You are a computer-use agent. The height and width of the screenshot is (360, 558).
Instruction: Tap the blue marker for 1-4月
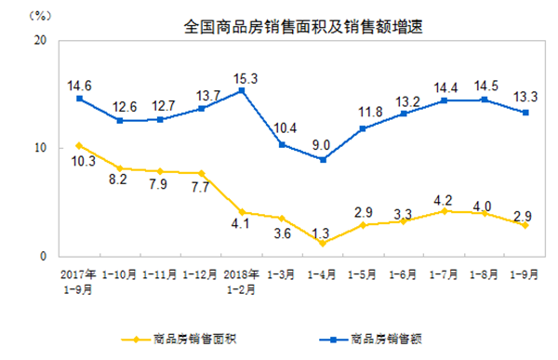click(x=323, y=159)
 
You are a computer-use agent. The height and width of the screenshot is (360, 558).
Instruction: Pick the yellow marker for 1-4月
click(x=323, y=242)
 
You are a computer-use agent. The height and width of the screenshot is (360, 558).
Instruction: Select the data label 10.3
click(x=80, y=161)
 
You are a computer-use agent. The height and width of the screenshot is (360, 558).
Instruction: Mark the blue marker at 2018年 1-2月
click(x=242, y=91)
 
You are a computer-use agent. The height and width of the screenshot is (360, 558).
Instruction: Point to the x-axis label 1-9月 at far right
click(x=525, y=275)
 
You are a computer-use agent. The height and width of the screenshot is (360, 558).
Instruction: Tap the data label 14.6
click(x=80, y=83)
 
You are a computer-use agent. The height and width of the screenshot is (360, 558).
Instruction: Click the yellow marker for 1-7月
click(x=444, y=211)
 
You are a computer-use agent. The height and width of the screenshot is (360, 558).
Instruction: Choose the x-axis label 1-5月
click(x=363, y=275)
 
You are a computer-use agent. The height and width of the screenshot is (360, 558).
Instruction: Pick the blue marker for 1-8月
click(x=484, y=100)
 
